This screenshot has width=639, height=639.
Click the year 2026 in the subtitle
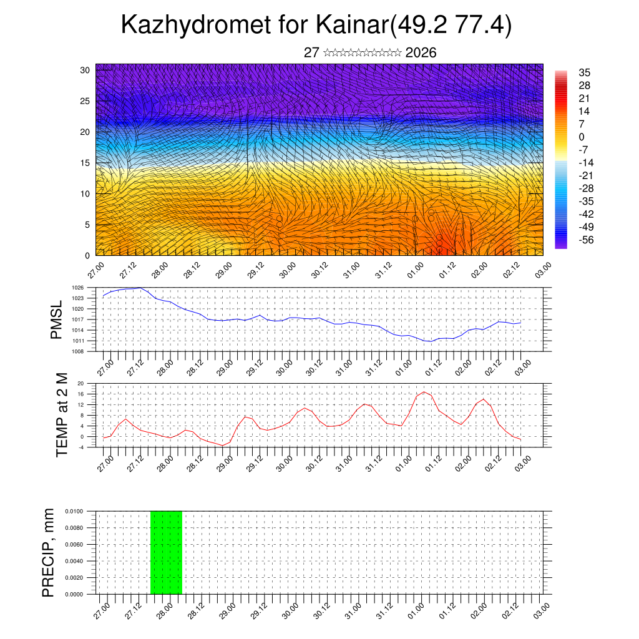tap(421, 53)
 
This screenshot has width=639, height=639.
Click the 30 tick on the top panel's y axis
tap(85, 70)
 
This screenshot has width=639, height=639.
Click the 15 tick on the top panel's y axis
tap(85, 163)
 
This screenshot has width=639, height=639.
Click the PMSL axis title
tap(57, 319)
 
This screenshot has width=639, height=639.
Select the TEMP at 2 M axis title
tap(62, 415)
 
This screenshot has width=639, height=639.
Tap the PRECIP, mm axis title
tap(49, 552)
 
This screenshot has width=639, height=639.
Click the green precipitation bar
tap(166, 552)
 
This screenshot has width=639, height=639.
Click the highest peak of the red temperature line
tap(424, 392)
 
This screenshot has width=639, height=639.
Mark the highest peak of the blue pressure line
tap(140, 288)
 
